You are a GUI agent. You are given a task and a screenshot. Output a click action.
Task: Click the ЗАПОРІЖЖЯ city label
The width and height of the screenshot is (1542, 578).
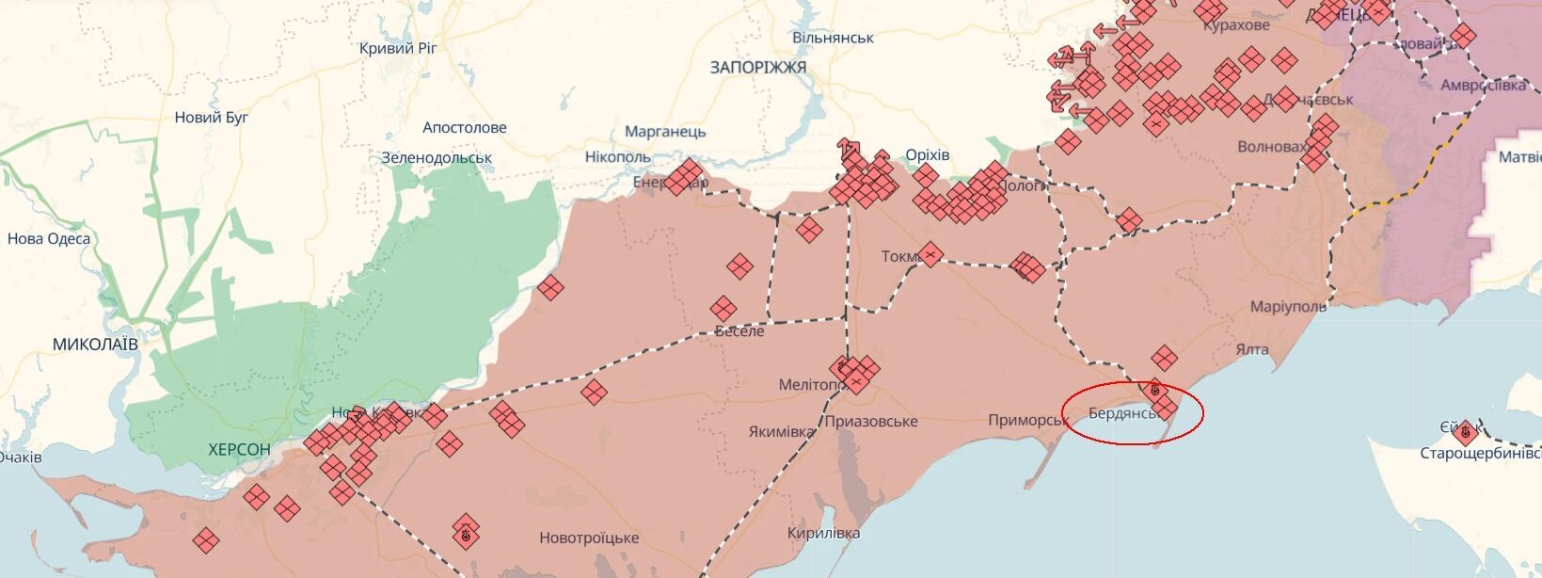click(x=758, y=68)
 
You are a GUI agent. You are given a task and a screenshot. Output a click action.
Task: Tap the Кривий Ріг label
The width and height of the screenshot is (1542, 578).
click(x=398, y=47)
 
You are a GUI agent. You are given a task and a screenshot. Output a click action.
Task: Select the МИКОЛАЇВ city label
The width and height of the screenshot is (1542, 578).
click(x=95, y=345)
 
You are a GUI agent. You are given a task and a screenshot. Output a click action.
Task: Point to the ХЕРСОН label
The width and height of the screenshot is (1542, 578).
click(x=239, y=450)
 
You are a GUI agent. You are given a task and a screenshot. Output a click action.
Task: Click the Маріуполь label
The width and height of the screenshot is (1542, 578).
click(x=1288, y=307)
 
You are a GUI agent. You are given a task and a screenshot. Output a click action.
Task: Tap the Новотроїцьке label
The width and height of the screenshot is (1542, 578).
click(x=589, y=538)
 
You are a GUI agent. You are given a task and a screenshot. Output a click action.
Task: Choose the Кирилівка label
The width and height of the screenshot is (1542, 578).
click(x=823, y=533)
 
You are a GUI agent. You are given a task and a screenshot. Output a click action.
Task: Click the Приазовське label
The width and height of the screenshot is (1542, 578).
click(x=870, y=421)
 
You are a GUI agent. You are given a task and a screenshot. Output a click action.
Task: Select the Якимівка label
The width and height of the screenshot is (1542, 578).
click(x=782, y=432)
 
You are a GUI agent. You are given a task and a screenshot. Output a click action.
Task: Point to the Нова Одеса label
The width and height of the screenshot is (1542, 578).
click(x=49, y=238)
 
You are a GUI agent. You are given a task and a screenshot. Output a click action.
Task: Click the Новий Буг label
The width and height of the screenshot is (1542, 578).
click(x=212, y=118)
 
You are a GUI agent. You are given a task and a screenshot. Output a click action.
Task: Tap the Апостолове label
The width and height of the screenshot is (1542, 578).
click(x=465, y=127)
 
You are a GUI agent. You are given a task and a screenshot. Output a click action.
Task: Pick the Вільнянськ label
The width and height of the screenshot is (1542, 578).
click(x=833, y=38)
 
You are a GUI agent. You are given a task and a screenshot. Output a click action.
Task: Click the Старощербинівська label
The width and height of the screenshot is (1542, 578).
click(x=1480, y=454)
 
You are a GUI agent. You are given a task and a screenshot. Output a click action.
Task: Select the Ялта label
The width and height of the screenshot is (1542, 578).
click(x=1251, y=349)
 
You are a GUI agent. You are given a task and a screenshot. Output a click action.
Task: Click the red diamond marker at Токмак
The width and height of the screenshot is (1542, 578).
click(x=930, y=254)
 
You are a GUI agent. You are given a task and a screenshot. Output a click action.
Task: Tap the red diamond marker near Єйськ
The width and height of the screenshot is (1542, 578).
click(x=1464, y=433)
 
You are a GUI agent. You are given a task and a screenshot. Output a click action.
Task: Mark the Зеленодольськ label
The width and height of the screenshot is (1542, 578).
click(x=437, y=158)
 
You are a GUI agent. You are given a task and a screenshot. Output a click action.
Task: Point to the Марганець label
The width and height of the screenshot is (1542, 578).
click(x=665, y=132)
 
